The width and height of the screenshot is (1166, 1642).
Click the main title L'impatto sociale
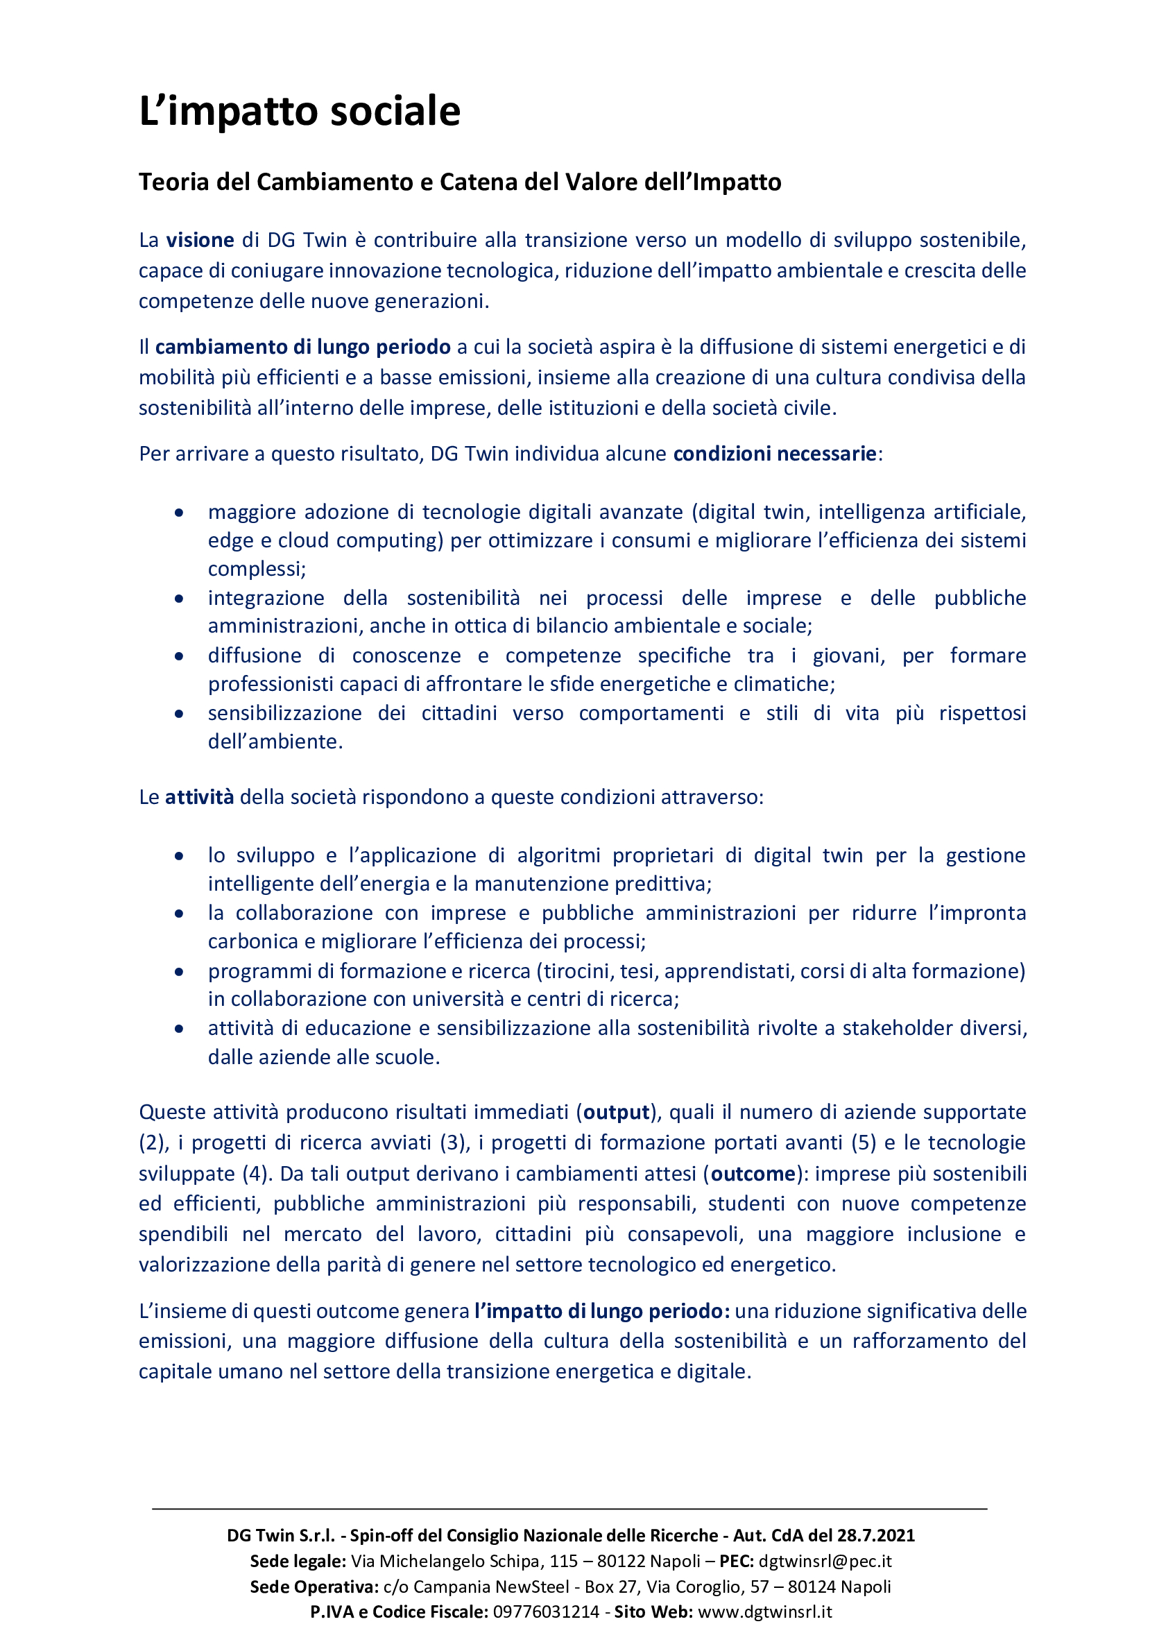click(x=300, y=111)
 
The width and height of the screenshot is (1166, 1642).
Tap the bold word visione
click(x=200, y=240)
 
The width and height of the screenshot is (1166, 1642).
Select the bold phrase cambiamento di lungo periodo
click(x=302, y=347)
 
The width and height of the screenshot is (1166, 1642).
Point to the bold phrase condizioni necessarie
click(x=774, y=454)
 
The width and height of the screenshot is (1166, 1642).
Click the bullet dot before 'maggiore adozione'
click(x=179, y=513)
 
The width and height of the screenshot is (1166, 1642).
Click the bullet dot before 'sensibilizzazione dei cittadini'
click(x=179, y=714)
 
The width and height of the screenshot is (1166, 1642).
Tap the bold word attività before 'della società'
click(x=199, y=797)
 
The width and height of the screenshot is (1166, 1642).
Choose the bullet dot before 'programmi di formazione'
click(x=179, y=971)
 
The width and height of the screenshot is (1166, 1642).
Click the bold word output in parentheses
click(x=616, y=1112)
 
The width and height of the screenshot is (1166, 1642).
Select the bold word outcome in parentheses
click(x=753, y=1174)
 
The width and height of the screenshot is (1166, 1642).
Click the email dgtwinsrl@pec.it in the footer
click(x=825, y=1561)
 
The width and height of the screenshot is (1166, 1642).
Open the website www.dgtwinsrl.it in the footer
click(x=764, y=1612)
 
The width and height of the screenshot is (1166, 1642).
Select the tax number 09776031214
click(x=546, y=1612)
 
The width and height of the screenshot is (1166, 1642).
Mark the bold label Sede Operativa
click(x=314, y=1587)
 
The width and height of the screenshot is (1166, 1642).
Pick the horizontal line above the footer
click(x=569, y=1510)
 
